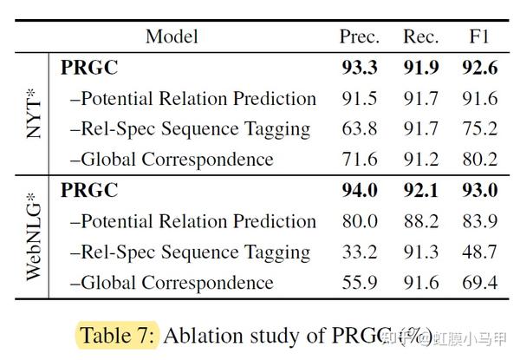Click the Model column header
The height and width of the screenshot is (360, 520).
(172, 36)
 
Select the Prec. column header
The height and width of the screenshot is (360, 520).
(358, 36)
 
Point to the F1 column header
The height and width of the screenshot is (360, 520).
(479, 36)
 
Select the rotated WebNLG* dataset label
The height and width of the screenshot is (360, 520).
(31, 236)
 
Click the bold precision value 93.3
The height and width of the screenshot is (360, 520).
(358, 68)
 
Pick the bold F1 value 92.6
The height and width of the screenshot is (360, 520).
(479, 68)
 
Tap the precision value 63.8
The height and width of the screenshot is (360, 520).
(358, 129)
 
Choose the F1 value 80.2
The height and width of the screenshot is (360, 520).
(479, 160)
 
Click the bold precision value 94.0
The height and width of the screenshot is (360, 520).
(358, 191)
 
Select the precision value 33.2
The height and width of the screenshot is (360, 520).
(358, 252)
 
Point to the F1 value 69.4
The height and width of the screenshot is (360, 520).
(479, 283)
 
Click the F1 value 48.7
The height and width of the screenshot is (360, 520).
(479, 252)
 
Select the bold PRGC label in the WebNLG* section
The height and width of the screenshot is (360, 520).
(89, 191)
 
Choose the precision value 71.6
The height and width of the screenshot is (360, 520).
(358, 160)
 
